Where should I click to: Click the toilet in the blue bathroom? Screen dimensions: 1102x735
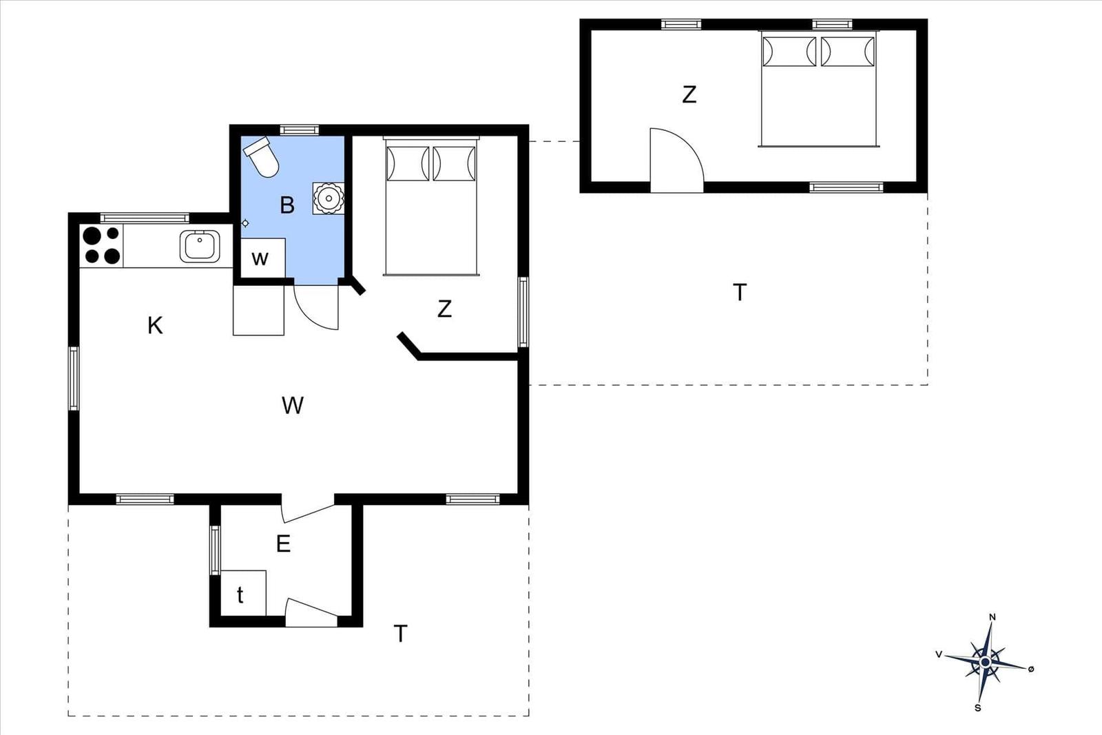tap(261, 156)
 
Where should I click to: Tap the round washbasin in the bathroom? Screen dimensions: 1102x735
tap(328, 198)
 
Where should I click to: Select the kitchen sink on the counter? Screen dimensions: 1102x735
tap(200, 246)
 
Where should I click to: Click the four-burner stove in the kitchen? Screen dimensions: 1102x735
tap(101, 245)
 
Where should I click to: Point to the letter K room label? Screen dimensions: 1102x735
tap(155, 326)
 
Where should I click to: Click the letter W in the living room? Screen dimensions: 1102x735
tap(293, 405)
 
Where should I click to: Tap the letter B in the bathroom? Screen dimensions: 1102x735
tap(287, 205)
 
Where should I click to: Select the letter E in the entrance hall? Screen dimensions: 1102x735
tap(283, 544)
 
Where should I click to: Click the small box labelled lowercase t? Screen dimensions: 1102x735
tap(244, 593)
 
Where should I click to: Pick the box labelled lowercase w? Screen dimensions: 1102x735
tap(262, 258)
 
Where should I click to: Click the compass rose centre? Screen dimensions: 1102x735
tap(985, 662)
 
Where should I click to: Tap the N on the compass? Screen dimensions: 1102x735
tap(992, 617)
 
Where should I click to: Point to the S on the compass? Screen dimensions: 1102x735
tap(978, 708)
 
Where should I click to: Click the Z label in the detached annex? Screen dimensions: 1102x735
tap(689, 94)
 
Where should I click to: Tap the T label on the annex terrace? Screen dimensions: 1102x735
tap(740, 292)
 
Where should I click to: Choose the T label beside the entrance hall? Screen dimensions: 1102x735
tap(400, 634)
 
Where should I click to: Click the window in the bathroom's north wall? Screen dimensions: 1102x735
tap(299, 130)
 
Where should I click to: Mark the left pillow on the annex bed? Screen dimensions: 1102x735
tap(789, 51)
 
